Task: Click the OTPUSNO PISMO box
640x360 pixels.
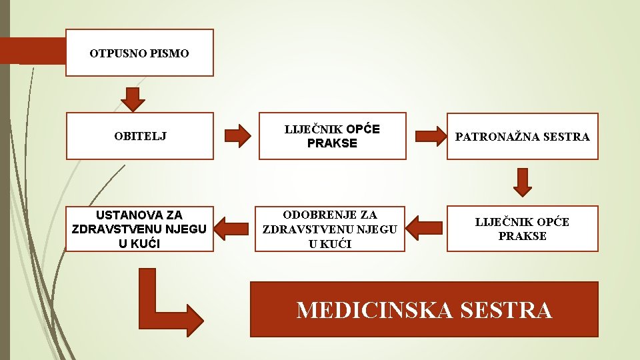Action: tap(140, 53)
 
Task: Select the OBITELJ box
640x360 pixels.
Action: tap(140, 136)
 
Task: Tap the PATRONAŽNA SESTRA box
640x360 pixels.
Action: tap(522, 136)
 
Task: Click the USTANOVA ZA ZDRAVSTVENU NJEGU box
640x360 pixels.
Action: tap(140, 229)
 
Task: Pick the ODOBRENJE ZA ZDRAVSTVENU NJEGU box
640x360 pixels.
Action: tap(331, 229)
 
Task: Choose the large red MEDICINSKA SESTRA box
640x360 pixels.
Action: tap(424, 309)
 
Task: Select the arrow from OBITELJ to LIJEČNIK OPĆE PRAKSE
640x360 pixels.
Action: tap(235, 135)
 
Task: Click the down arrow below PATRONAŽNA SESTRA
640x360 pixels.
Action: tap(523, 182)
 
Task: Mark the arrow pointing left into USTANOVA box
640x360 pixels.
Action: tap(233, 227)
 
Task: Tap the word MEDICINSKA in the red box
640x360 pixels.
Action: tap(365, 310)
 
